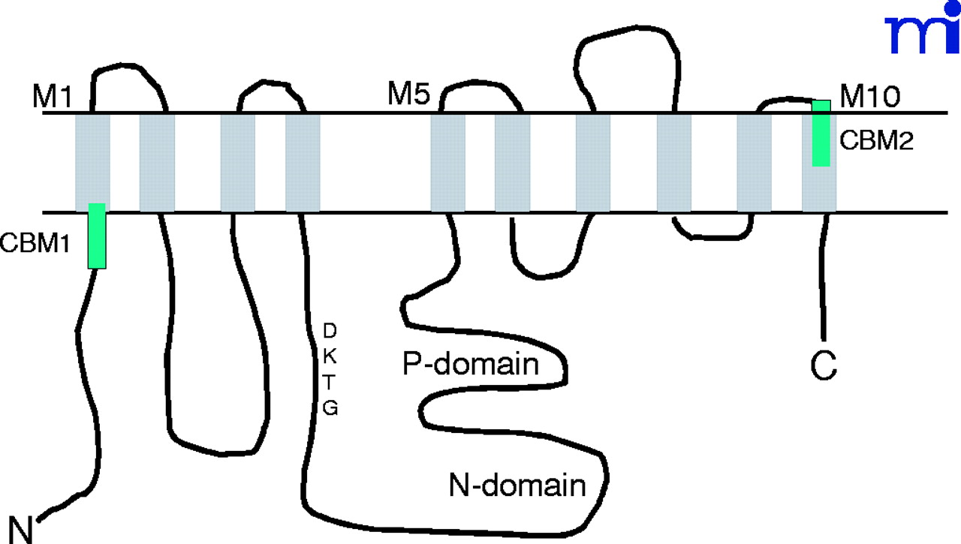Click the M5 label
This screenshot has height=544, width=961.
pos(410,95)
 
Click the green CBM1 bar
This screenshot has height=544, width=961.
pos(97,235)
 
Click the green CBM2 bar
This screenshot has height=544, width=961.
pos(821,133)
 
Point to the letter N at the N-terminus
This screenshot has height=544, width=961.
pos(23,527)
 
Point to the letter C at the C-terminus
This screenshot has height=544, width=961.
pos(824,366)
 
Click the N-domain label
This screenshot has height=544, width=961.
pos(517,485)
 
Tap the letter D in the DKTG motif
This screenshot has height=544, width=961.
pos(329,329)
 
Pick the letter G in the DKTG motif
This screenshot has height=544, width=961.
pos(330,408)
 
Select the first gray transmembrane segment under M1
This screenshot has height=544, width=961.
pos(92,161)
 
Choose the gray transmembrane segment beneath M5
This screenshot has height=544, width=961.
pos(447,161)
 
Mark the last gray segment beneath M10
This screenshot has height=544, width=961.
pos(819,188)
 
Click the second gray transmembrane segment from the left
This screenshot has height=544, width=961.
pos(157,161)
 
